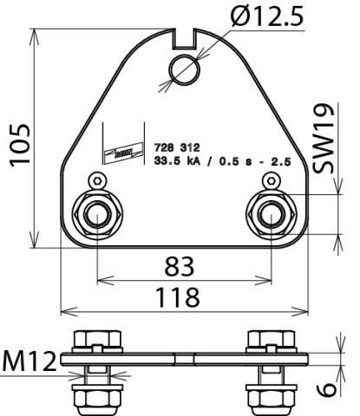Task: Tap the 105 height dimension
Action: click(18, 142)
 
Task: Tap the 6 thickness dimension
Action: click(328, 387)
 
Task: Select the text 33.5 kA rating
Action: click(178, 161)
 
